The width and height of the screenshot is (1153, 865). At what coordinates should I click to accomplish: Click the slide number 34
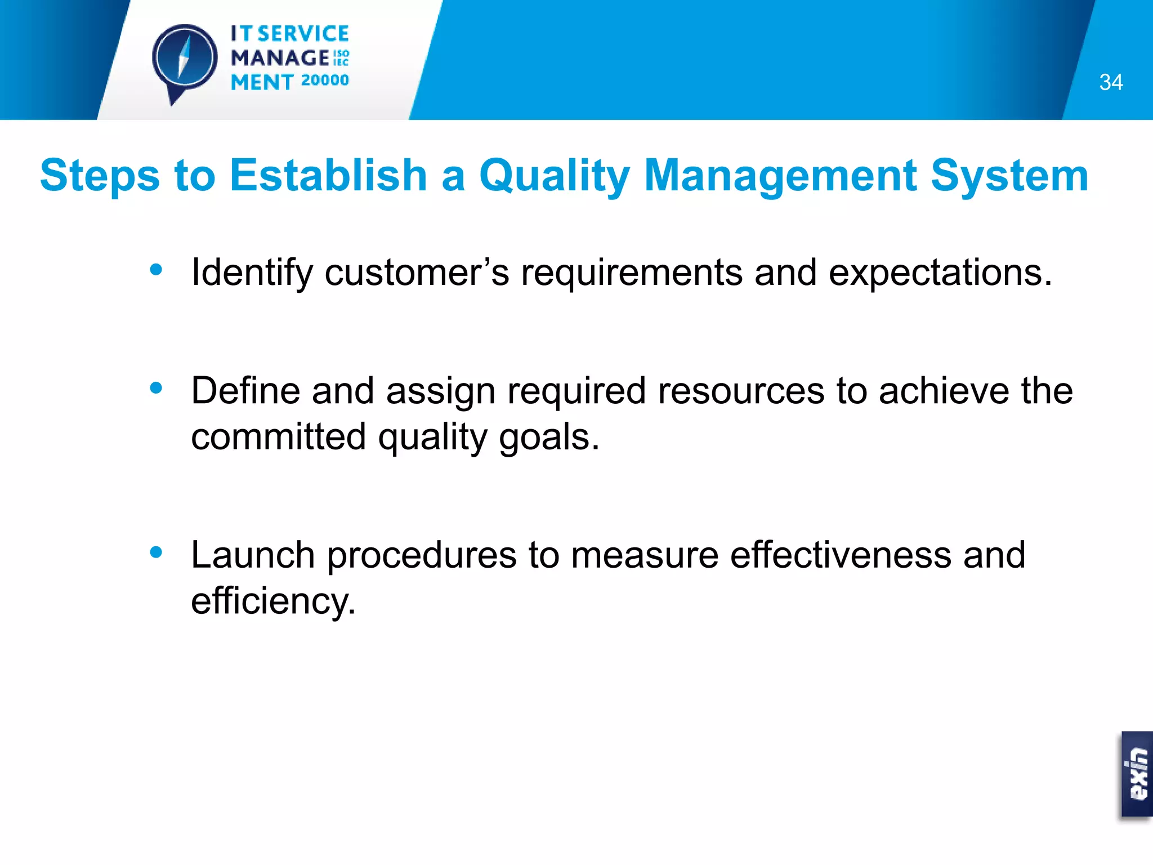click(x=1110, y=82)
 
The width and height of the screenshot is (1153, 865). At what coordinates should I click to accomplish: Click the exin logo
click(x=1137, y=774)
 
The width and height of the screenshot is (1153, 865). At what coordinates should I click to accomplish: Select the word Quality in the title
click(x=554, y=176)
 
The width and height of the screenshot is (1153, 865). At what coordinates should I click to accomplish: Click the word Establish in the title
click(x=328, y=175)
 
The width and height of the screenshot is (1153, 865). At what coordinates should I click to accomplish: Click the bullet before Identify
click(x=156, y=270)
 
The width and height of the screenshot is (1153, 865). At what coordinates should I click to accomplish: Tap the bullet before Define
click(x=156, y=387)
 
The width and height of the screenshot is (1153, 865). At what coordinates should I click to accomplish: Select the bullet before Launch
click(x=156, y=552)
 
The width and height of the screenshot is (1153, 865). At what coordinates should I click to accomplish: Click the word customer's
click(x=417, y=273)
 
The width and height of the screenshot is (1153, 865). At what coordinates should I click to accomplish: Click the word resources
click(x=741, y=391)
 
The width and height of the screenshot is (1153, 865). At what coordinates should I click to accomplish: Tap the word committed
click(x=278, y=436)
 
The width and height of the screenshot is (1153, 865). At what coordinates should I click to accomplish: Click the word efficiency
click(x=272, y=601)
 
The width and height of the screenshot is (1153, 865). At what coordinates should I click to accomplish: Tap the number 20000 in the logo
click(x=325, y=81)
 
